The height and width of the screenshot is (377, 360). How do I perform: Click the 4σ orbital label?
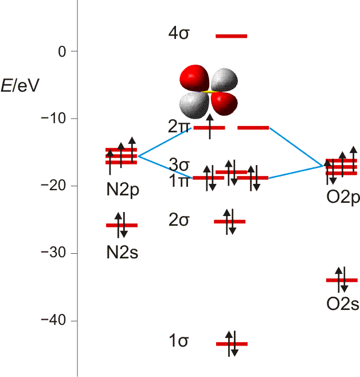pyautogui.click(x=178, y=34)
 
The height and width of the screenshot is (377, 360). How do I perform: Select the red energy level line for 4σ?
pyautogui.click(x=231, y=36)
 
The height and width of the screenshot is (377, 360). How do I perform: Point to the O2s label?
pyautogui.click(x=343, y=304)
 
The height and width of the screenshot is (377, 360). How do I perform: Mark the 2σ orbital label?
pyautogui.click(x=178, y=220)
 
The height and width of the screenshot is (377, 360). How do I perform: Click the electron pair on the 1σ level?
pyautogui.click(x=231, y=343)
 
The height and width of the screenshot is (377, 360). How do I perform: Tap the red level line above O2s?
pyautogui.click(x=342, y=280)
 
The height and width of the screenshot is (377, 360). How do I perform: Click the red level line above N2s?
pyautogui.click(x=122, y=225)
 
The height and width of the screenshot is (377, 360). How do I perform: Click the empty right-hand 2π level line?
pyautogui.click(x=253, y=127)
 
